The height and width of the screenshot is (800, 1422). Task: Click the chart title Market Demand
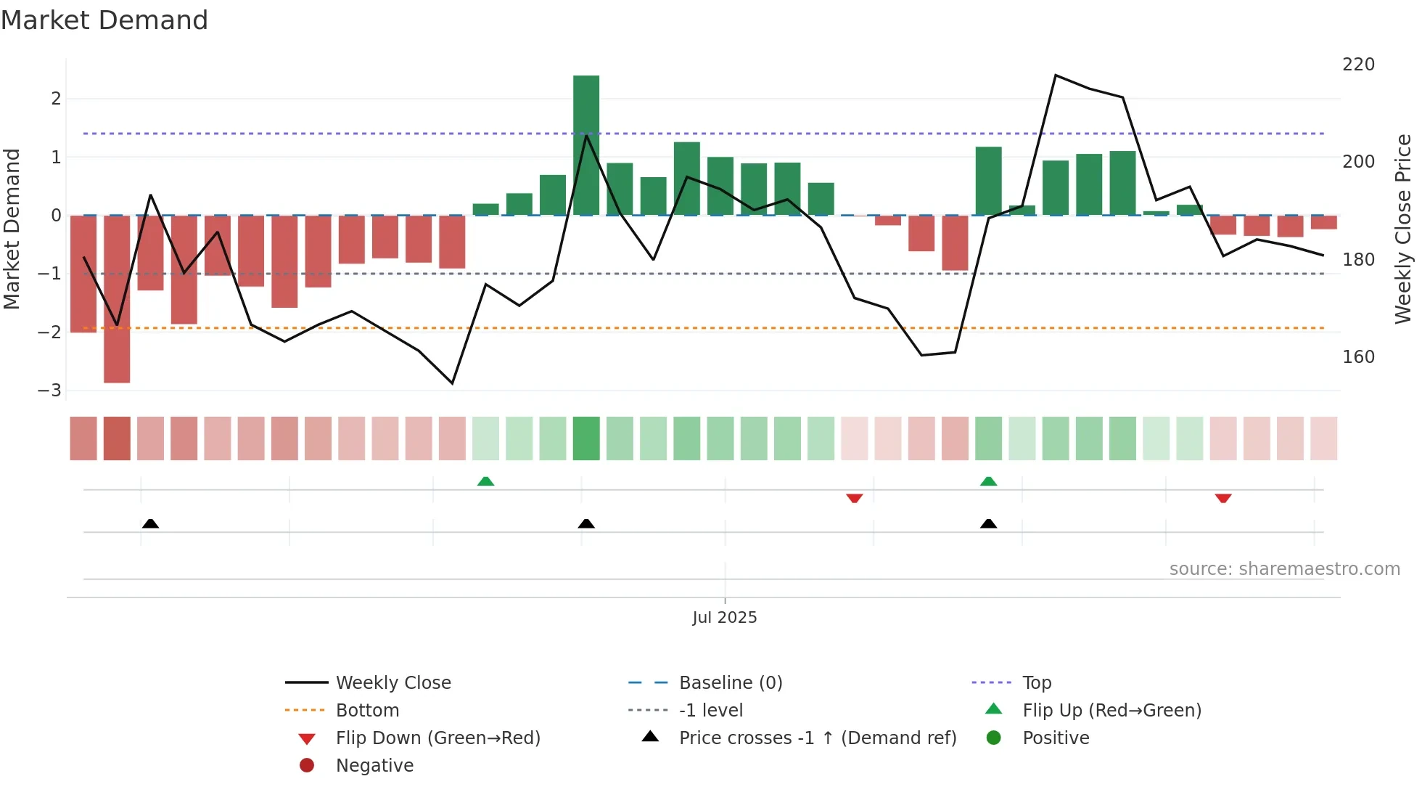[104, 20]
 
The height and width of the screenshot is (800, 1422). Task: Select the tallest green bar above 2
[586, 145]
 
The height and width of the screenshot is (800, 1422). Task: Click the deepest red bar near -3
[117, 298]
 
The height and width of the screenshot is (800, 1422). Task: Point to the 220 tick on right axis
[1358, 65]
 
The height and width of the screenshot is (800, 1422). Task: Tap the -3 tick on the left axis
[50, 390]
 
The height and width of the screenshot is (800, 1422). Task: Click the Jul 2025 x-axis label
[724, 617]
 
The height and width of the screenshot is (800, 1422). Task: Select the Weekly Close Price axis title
[1403, 229]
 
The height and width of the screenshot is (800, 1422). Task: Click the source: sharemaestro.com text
[1284, 569]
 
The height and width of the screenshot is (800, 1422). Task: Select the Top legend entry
[1036, 682]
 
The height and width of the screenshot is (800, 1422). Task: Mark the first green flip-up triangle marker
[485, 481]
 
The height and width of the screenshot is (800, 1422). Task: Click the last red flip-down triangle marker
[1223, 498]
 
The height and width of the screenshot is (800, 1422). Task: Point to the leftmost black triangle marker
[150, 523]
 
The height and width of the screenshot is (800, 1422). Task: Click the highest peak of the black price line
[1056, 75]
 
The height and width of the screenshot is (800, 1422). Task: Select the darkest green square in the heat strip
[586, 438]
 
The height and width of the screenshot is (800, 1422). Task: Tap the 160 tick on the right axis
[1358, 356]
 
